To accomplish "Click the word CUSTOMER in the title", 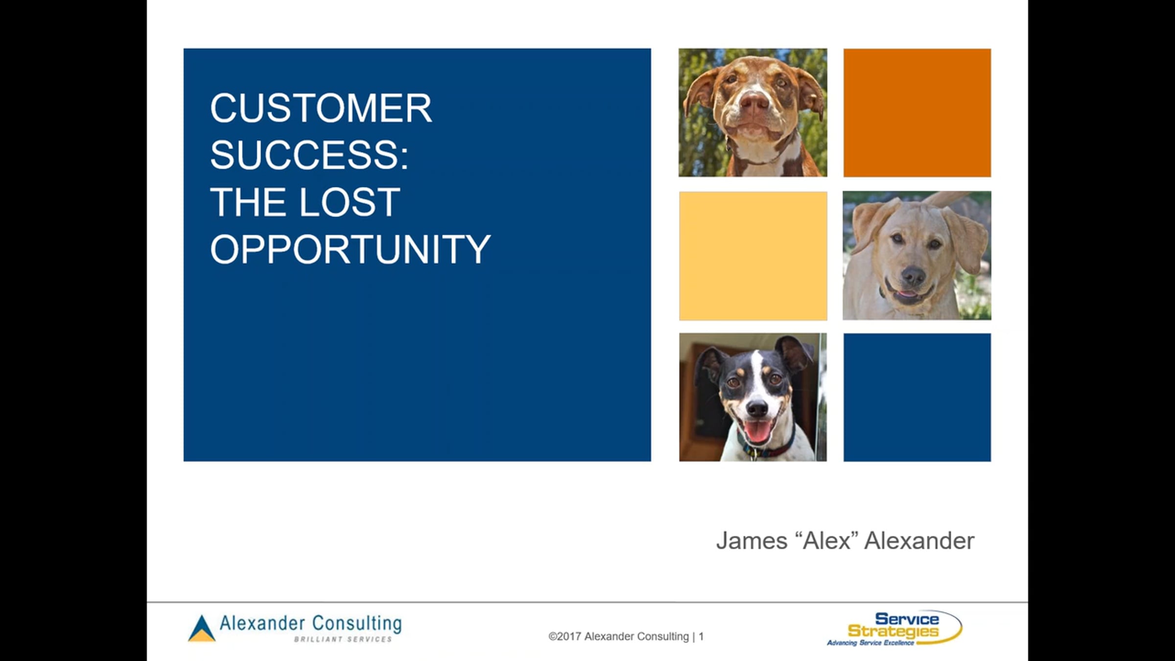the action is pos(321,108).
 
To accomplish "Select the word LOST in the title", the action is pos(350,202).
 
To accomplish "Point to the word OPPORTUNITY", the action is pos(351,249).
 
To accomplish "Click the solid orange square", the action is pos(917,113).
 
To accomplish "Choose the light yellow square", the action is pos(753,256).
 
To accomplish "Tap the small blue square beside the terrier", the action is pos(917,398).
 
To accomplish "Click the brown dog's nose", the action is pos(754,101).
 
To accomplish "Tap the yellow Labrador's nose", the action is pos(913,276).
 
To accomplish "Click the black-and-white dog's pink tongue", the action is pos(756,431).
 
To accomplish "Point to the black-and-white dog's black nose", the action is pos(757,407).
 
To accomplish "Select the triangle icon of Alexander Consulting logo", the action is pos(201,628).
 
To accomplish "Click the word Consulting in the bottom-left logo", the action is pos(357,623).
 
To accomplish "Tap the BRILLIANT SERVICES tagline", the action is pos(343,639).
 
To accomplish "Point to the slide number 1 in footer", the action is pos(701,637).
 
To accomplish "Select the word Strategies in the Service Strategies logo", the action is pos(893,632).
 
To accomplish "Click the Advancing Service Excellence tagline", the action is pos(870,643).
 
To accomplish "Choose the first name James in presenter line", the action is pos(752,541).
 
